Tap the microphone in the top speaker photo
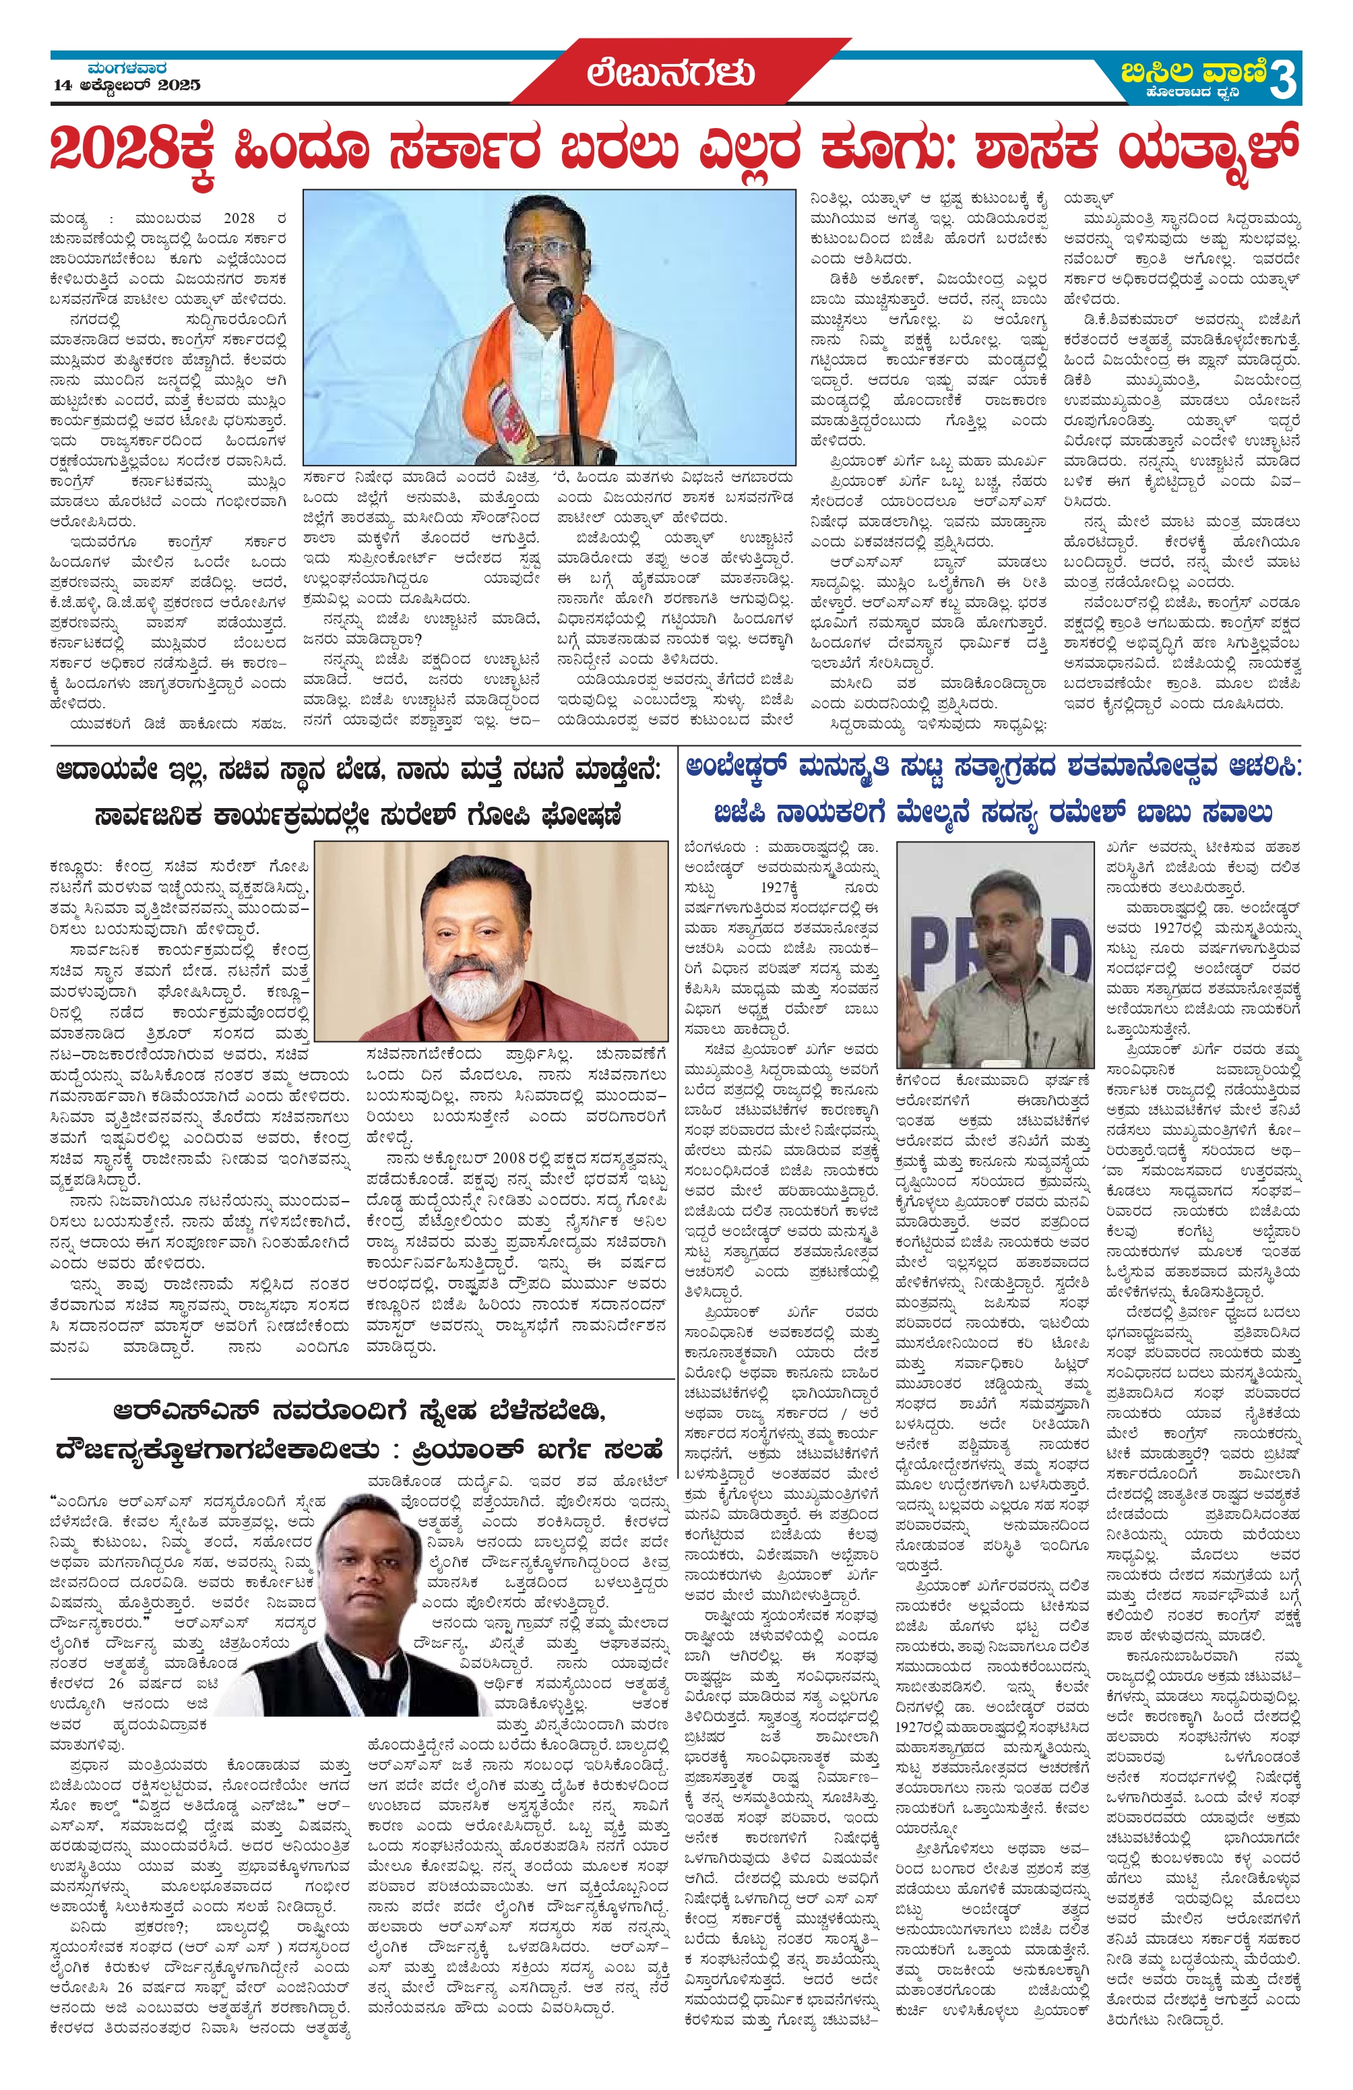(559, 301)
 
